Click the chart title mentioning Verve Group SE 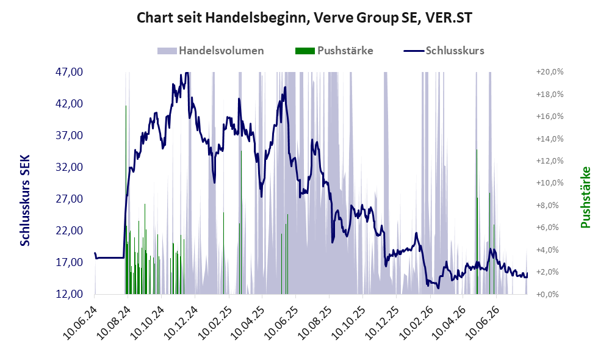point(304,18)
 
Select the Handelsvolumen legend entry point(211,51)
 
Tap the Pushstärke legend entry point(334,51)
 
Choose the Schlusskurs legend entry point(444,51)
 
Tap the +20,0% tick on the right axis point(550,72)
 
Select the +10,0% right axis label point(550,183)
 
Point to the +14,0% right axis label point(550,139)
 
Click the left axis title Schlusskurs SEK point(25,200)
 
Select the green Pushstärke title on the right point(585,197)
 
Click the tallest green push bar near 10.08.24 point(126,200)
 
